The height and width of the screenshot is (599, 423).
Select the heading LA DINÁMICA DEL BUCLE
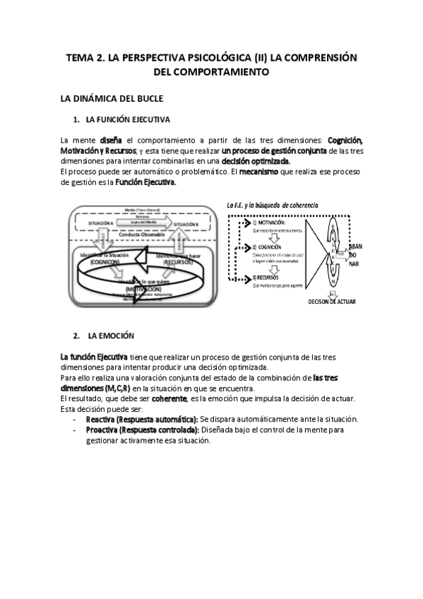pyautogui.click(x=112, y=98)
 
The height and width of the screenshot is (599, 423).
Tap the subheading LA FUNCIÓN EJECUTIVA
pyautogui.click(x=127, y=119)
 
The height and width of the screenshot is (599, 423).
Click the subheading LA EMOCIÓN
pyautogui.click(x=111, y=334)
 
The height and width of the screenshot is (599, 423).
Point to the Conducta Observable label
pyautogui.click(x=141, y=234)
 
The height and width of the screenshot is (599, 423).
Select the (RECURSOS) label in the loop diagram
pyautogui.click(x=183, y=261)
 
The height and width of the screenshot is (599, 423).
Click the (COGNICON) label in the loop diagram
pyautogui.click(x=104, y=261)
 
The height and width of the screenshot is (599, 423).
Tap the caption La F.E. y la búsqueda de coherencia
pyautogui.click(x=273, y=205)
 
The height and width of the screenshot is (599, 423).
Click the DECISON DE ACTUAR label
pyautogui.click(x=332, y=302)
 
